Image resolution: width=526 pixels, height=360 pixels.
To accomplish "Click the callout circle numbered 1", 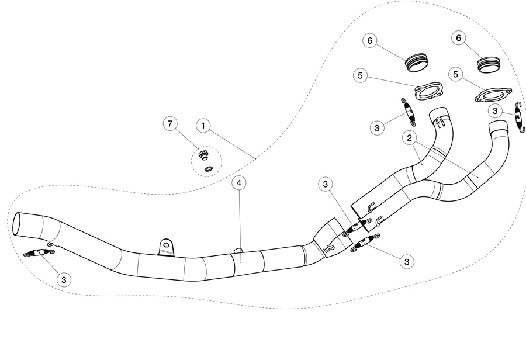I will [203, 125].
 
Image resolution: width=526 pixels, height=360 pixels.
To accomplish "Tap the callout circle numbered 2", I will [410, 139].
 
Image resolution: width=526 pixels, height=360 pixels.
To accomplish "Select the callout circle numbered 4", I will [238, 182].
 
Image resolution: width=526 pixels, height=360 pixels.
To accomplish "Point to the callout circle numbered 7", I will [170, 124].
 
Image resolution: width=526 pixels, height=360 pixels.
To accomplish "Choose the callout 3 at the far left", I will [64, 279].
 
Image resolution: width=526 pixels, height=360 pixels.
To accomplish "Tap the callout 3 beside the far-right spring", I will [496, 110].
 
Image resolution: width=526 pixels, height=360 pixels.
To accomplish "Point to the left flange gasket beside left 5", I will [427, 92].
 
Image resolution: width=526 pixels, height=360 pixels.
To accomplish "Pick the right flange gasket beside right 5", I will [494, 94].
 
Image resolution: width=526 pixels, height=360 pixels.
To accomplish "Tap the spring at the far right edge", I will [518, 117].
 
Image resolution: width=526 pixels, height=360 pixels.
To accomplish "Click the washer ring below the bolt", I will [207, 169].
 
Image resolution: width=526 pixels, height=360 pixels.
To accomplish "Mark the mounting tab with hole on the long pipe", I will [166, 245].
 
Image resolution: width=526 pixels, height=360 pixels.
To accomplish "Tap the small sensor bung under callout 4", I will [237, 251].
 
